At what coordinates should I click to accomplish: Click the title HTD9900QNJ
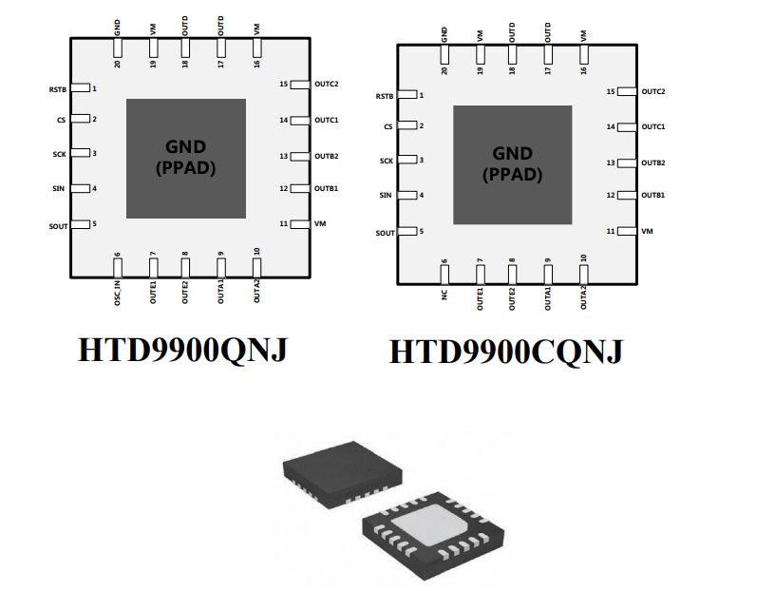181,350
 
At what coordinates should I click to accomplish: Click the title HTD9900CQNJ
506,353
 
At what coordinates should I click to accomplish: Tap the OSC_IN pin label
118,287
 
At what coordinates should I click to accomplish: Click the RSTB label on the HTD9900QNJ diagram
59,89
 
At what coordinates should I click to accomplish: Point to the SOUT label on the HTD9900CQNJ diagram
385,233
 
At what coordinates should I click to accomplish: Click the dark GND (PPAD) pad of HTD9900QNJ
185,158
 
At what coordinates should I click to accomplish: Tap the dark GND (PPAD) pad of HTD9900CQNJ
512,164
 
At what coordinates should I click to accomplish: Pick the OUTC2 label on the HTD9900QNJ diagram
327,85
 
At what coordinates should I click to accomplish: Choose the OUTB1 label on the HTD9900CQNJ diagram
652,196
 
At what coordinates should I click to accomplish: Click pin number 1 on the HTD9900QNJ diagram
94,88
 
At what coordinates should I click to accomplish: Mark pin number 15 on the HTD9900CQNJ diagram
610,92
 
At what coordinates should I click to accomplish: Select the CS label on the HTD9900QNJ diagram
62,120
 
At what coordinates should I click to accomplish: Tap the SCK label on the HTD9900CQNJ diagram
387,162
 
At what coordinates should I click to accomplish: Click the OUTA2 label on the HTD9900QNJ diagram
256,288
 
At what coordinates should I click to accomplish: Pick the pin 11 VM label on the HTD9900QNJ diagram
320,224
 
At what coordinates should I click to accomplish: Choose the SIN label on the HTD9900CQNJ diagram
386,196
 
